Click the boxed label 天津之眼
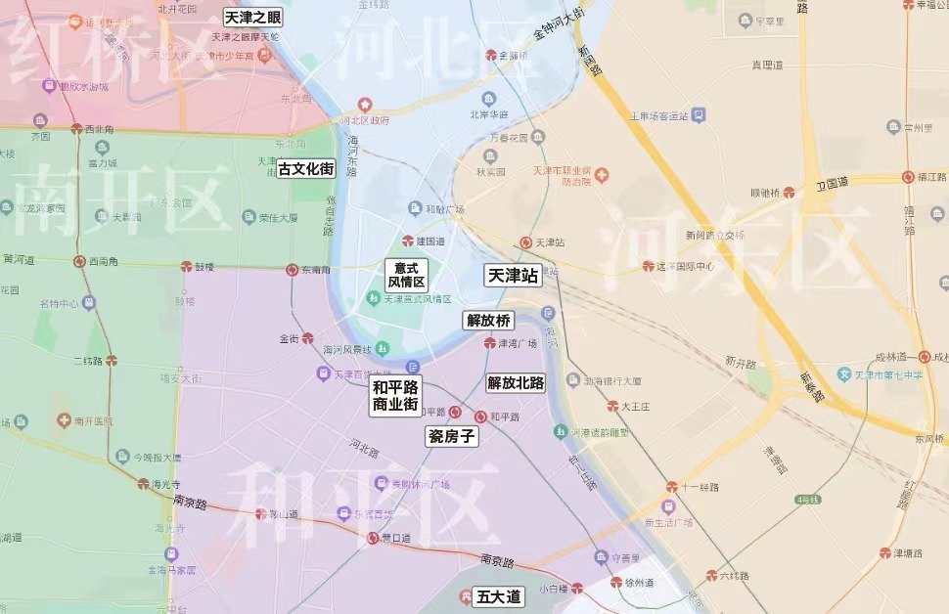coord(252,18)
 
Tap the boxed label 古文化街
coord(306,169)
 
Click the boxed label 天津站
coord(514,277)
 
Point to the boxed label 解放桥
coord(488,321)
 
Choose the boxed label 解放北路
coord(516,382)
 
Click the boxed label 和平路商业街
coord(395,395)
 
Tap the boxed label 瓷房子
coord(452,437)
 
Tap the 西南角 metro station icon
coord(79,261)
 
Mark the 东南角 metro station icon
coord(292,270)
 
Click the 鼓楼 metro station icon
coord(186,266)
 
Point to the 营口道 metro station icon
coord(373,538)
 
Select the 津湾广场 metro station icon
coord(489,342)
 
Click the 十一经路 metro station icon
coord(671,486)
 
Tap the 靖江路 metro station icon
coord(909,178)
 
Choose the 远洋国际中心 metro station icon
coord(648,266)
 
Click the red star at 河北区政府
coord(365,104)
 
